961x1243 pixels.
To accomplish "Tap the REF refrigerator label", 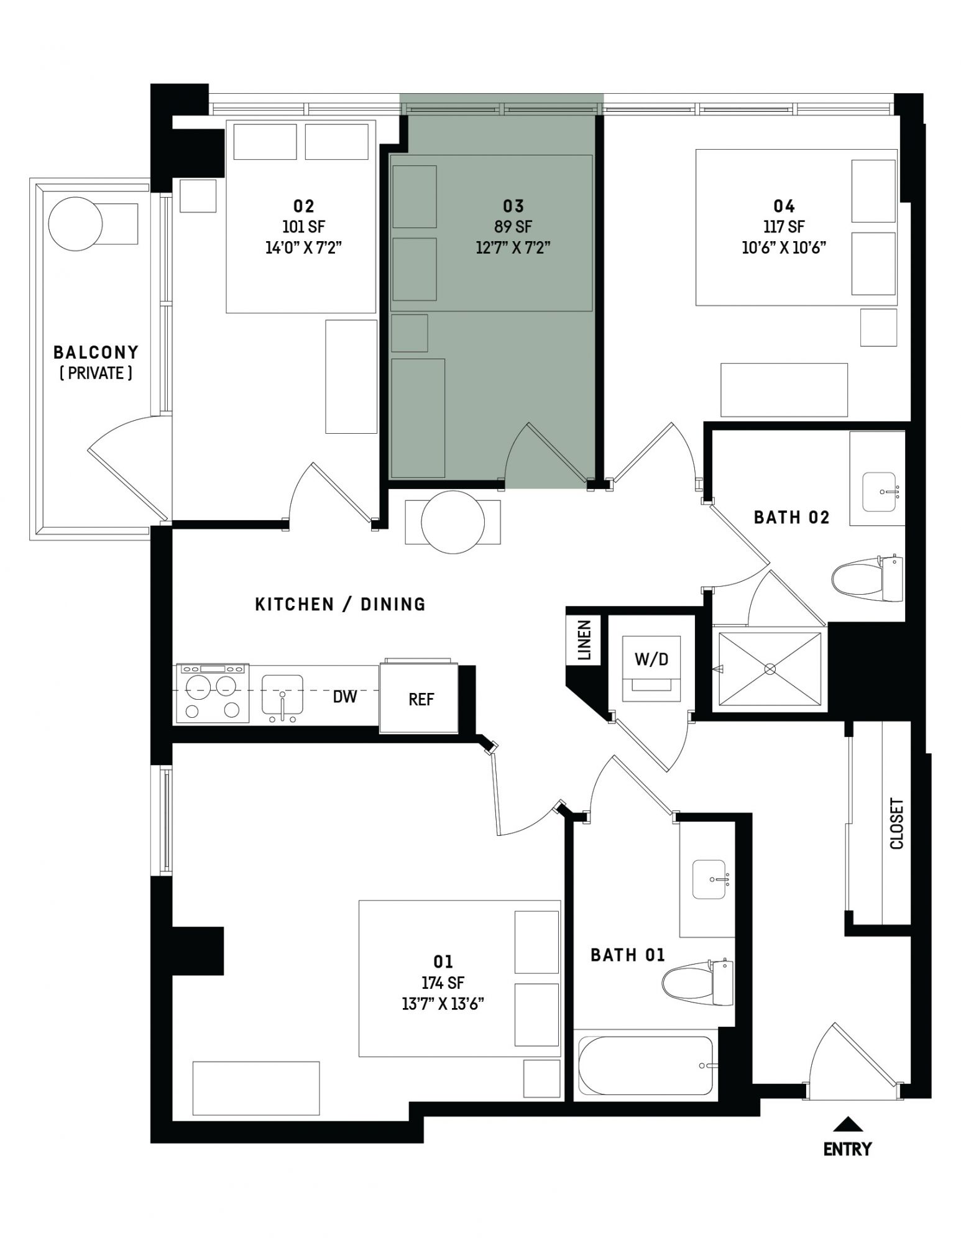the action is click(421, 699).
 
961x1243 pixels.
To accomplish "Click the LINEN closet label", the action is click(584, 640).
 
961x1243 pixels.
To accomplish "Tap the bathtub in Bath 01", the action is click(645, 1065).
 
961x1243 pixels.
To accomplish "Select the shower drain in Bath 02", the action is click(770, 669).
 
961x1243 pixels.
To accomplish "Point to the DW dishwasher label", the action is click(345, 697).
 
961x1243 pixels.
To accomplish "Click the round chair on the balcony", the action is click(75, 224).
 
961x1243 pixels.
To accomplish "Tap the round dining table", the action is click(453, 522).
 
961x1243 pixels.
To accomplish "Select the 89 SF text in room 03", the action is click(513, 227).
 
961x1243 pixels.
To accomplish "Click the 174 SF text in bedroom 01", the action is click(443, 983).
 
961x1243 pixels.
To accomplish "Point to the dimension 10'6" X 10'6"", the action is click(784, 247).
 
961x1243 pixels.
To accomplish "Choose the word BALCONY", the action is click(96, 352).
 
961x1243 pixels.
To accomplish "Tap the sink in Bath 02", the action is click(880, 492).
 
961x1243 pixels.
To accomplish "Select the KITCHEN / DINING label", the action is click(341, 604).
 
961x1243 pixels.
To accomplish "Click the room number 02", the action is click(303, 206).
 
